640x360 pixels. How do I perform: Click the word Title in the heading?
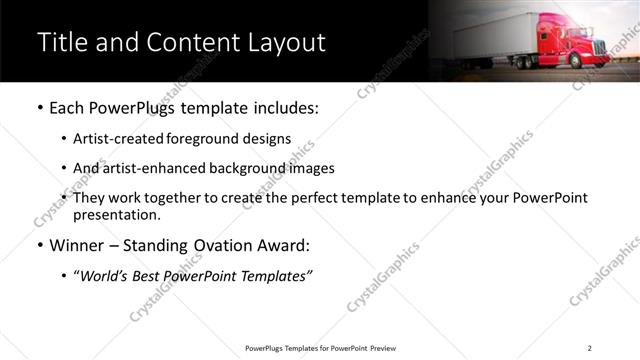pos(61,43)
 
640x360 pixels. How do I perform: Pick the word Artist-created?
pos(120,138)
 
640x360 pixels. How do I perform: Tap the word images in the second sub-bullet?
pos(312,168)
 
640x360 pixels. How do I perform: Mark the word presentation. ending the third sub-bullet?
pos(116,214)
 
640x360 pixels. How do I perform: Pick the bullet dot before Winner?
pos(39,246)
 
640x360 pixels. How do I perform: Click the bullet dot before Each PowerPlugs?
pos(39,108)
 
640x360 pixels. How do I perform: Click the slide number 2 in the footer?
pos(589,348)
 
